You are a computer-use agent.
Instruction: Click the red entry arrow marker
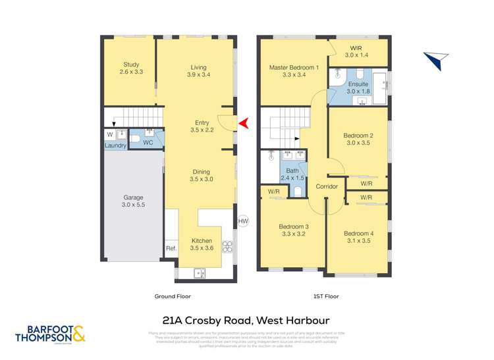(x=244, y=123)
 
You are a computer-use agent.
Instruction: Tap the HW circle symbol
(x=242, y=221)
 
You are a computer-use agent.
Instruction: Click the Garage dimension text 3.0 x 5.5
(x=133, y=205)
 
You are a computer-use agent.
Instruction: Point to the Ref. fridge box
(x=171, y=248)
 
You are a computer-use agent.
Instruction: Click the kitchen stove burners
(x=229, y=247)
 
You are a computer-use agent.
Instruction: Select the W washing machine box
(x=109, y=134)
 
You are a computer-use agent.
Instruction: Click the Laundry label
(x=115, y=146)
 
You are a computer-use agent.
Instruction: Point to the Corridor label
(x=327, y=187)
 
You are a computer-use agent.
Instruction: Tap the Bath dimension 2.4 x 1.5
(x=292, y=178)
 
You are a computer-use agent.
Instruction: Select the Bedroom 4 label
(x=358, y=234)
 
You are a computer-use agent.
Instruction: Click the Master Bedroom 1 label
(x=294, y=67)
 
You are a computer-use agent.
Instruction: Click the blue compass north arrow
(x=433, y=61)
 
